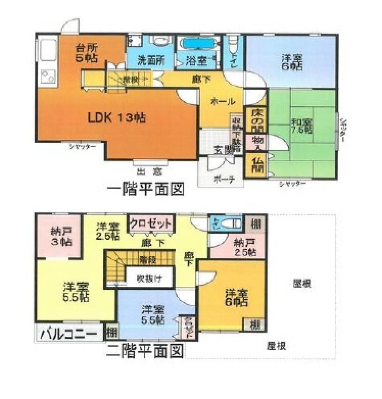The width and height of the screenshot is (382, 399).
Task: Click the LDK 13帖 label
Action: [117, 118]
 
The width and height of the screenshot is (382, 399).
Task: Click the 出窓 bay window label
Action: [149, 171]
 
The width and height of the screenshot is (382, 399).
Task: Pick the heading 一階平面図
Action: [145, 189]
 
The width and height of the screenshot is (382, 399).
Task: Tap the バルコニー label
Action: [69, 333]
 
